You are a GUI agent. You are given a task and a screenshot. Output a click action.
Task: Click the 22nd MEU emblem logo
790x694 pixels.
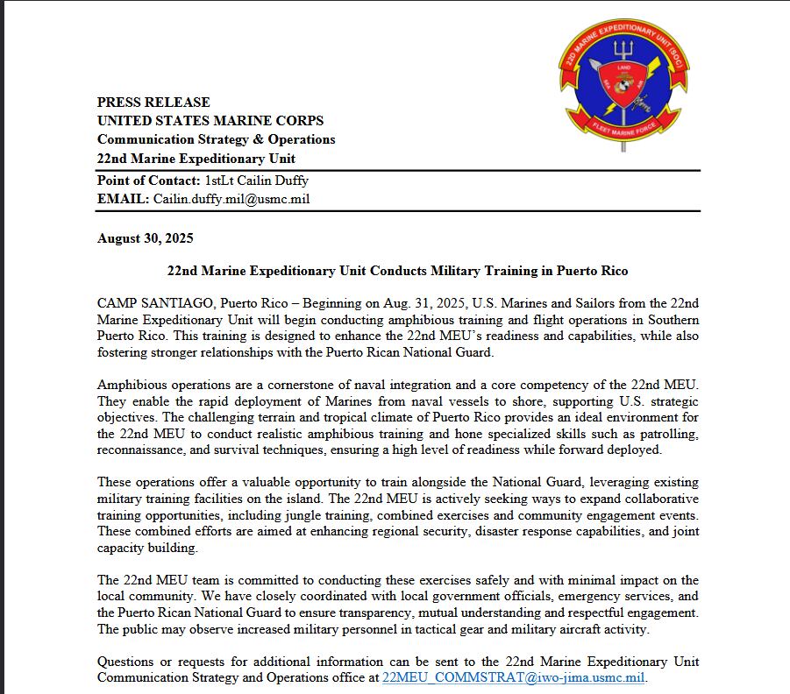(x=623, y=83)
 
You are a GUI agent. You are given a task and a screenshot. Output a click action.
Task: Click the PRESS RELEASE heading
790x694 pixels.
(x=153, y=102)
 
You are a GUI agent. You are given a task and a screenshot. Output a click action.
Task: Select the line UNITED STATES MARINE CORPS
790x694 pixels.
(x=210, y=121)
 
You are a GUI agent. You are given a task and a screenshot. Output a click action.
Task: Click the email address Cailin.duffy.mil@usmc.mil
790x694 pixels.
(x=231, y=199)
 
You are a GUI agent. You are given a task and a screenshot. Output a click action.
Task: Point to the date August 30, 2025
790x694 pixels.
(x=146, y=238)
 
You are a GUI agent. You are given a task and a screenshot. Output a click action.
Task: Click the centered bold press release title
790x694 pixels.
(x=397, y=271)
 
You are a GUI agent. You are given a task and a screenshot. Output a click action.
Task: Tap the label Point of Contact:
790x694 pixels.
(x=149, y=181)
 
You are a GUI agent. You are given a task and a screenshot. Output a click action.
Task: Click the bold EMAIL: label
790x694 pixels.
(x=124, y=199)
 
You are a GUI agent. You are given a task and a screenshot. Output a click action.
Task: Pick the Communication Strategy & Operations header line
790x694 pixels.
(x=217, y=139)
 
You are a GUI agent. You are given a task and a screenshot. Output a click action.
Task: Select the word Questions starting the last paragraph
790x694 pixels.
(x=126, y=662)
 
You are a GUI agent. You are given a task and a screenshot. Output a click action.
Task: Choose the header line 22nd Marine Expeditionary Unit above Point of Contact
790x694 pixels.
(x=196, y=159)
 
